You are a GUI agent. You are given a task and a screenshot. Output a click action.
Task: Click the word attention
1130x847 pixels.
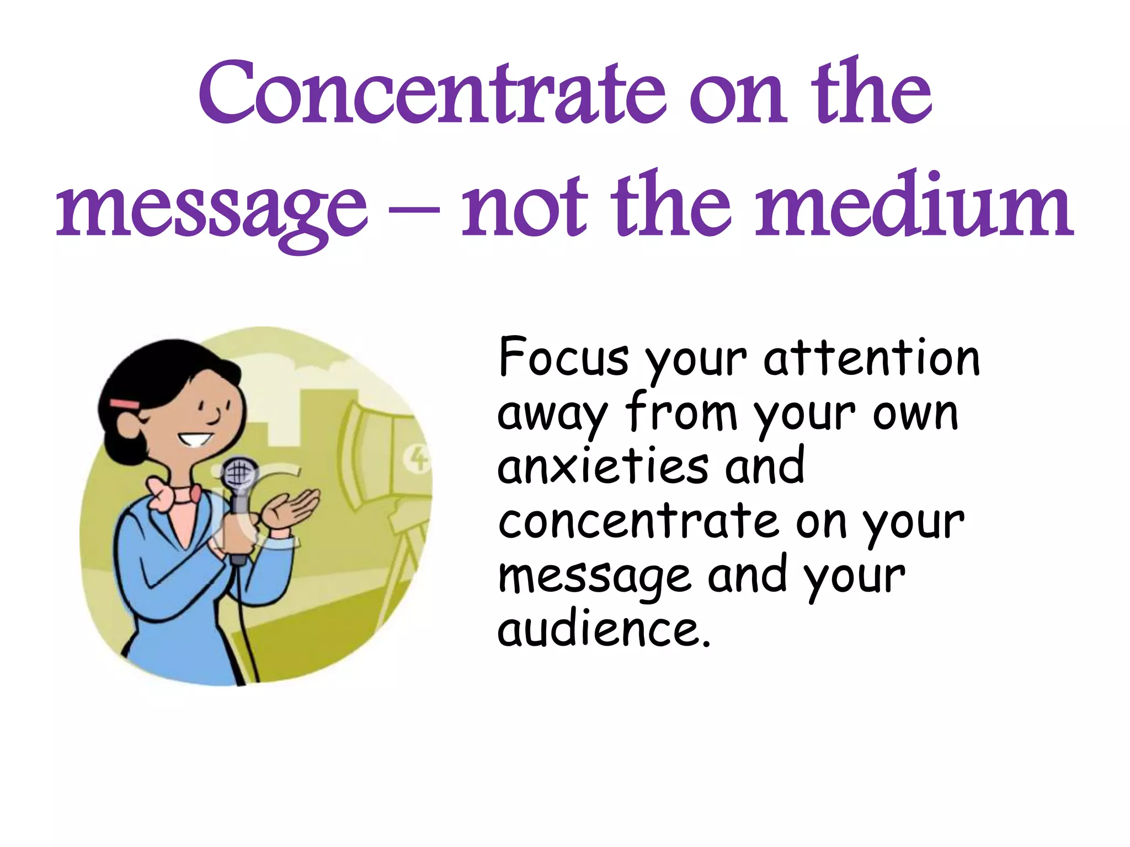[872, 358]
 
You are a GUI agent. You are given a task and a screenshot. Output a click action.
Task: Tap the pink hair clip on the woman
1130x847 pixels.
[125, 404]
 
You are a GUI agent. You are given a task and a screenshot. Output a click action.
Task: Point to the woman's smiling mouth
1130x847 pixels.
[195, 440]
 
